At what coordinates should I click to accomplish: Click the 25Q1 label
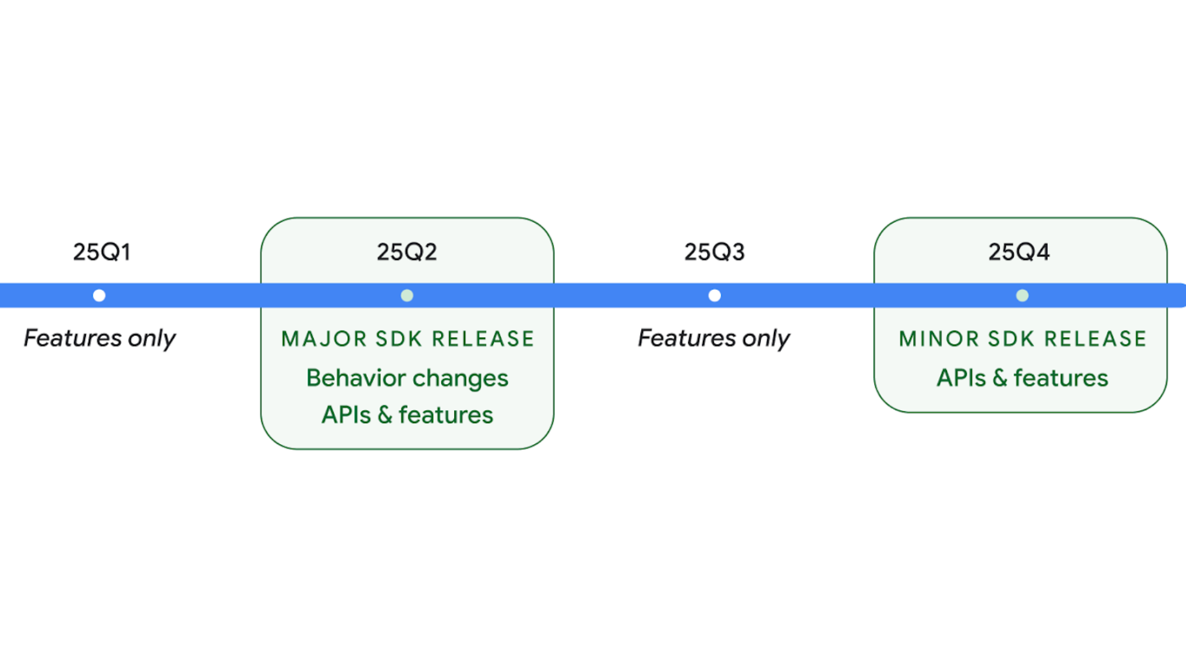(102, 252)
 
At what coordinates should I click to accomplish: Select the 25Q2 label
(407, 252)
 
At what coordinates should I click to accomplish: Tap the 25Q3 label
(715, 252)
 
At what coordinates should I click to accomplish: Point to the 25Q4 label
(1019, 252)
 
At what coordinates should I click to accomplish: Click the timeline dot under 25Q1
(99, 296)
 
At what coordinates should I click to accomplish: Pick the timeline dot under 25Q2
(407, 296)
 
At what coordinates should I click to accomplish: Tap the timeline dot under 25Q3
(715, 296)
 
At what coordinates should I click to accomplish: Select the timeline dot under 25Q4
(1022, 296)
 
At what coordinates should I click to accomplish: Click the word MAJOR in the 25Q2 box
(324, 339)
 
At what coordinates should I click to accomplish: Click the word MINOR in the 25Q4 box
(939, 339)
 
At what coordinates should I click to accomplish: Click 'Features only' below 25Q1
(99, 338)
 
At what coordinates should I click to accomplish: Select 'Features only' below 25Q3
(714, 338)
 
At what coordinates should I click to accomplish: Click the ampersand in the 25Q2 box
(385, 415)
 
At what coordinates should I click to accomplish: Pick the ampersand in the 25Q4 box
(1000, 378)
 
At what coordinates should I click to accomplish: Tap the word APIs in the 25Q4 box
(961, 378)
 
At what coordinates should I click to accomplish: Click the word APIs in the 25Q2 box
(346, 415)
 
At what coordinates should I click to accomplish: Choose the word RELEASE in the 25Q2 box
(483, 339)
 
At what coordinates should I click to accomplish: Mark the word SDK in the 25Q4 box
(1012, 339)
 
